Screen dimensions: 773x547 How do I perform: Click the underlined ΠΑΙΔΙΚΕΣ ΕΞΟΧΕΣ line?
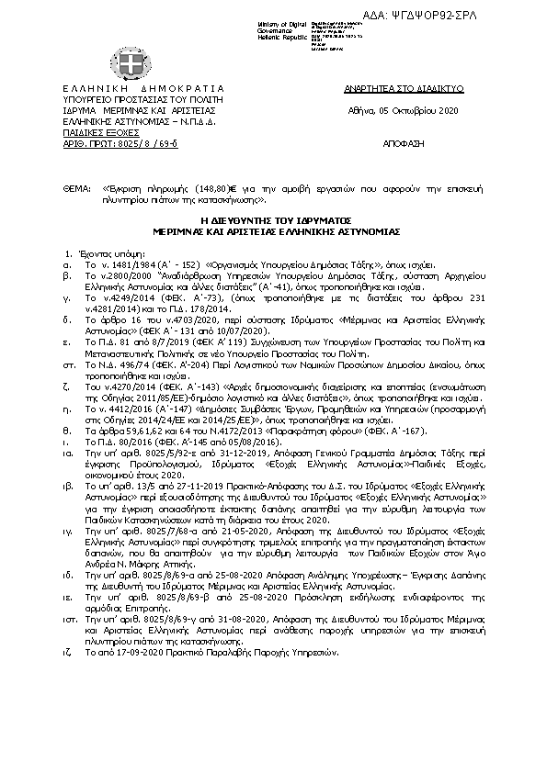(x=88, y=133)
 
